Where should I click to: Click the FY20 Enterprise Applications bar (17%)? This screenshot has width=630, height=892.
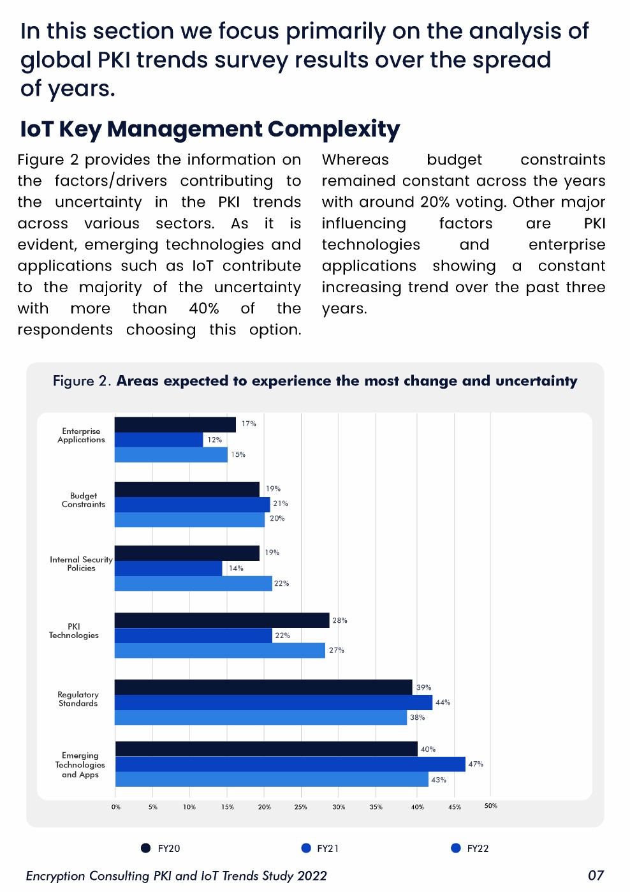[x=175, y=424]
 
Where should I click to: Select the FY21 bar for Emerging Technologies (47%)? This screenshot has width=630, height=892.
[x=290, y=764]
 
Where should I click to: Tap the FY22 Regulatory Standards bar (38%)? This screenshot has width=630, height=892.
[x=260, y=717]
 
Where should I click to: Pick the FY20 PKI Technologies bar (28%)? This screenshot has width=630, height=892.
[x=222, y=620]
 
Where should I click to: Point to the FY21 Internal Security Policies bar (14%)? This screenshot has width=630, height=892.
[x=168, y=568]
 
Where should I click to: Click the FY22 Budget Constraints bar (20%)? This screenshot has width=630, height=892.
[x=189, y=519]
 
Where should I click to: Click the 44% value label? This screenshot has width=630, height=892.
[x=443, y=702]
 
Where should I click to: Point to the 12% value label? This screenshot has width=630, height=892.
[x=214, y=440]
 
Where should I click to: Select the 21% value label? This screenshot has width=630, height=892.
[x=281, y=503]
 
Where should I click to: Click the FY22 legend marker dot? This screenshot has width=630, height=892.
[x=455, y=848]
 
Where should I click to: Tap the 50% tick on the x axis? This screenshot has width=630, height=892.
[x=490, y=806]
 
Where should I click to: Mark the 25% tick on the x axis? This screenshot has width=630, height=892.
[x=301, y=807]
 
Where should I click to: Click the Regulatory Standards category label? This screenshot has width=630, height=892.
[x=78, y=699]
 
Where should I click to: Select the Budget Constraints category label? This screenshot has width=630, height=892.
[x=84, y=500]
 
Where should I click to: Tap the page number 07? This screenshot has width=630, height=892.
[x=596, y=875]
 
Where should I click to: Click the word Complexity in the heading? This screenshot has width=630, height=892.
[x=333, y=130]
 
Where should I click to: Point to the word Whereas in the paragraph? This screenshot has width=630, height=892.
[x=355, y=160]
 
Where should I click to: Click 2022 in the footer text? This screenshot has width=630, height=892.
[x=312, y=875]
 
